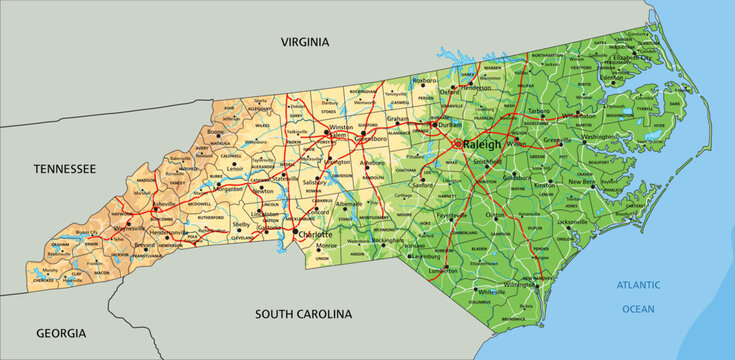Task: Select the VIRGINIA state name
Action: pyautogui.click(x=303, y=42)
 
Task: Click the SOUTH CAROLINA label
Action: pyautogui.click(x=303, y=314)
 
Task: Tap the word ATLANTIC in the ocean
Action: pyautogui.click(x=638, y=285)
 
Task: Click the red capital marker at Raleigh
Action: pyautogui.click(x=459, y=145)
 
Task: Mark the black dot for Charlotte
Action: pyautogui.click(x=296, y=235)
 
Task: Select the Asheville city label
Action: pyautogui.click(x=166, y=205)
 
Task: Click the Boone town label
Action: pyautogui.click(x=215, y=131)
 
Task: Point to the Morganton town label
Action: pyautogui.click(x=228, y=188)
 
